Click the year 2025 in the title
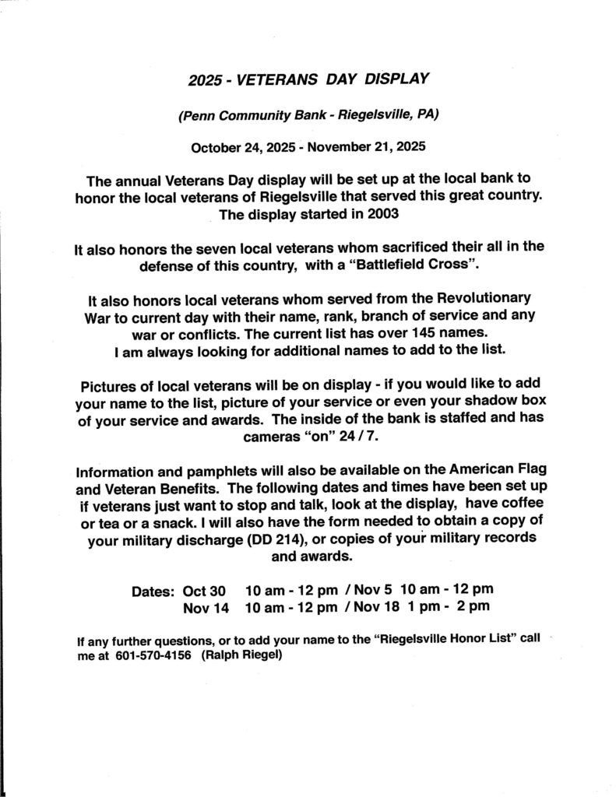(x=205, y=81)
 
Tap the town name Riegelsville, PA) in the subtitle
(x=395, y=114)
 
